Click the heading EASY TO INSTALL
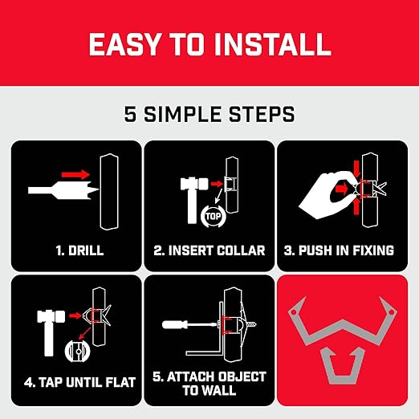point(209,43)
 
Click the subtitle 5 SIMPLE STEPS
point(209,114)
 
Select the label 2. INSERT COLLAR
point(209,250)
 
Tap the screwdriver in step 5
point(187,325)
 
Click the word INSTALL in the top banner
point(270,43)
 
